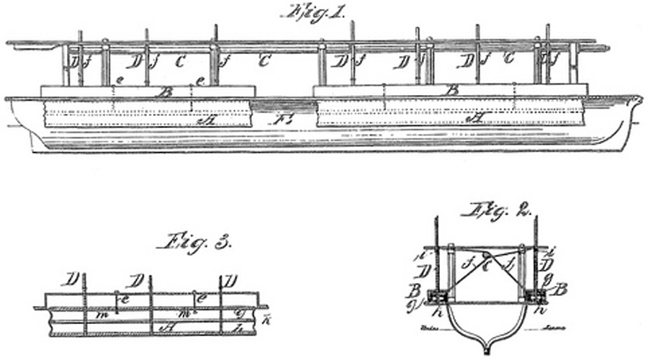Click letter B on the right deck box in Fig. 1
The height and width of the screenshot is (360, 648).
pos(451,91)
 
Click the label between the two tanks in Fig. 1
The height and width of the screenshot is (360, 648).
pos(282,120)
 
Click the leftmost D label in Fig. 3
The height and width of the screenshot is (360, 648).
pos(71,279)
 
